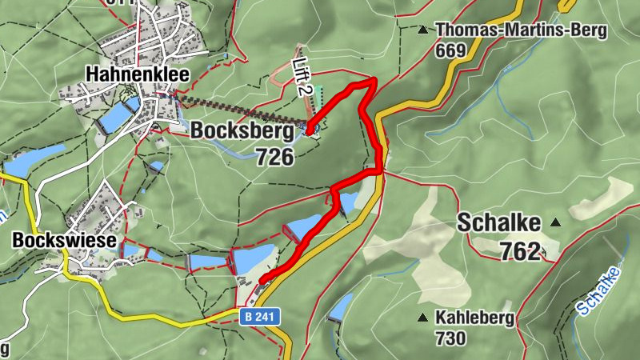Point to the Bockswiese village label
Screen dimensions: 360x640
(x=64, y=240)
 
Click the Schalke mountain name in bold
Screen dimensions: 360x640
(x=498, y=223)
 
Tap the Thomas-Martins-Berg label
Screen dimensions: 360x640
(x=522, y=31)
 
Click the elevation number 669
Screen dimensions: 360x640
(x=450, y=51)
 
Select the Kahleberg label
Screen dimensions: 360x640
(x=474, y=317)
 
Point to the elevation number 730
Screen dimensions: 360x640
(x=450, y=338)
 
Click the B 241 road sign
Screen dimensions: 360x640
(x=260, y=318)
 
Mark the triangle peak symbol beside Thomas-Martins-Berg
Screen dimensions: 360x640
(x=422, y=31)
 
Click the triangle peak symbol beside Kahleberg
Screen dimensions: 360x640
(x=422, y=318)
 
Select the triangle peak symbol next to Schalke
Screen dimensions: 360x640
(x=555, y=222)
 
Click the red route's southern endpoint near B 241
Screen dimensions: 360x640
(x=262, y=280)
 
